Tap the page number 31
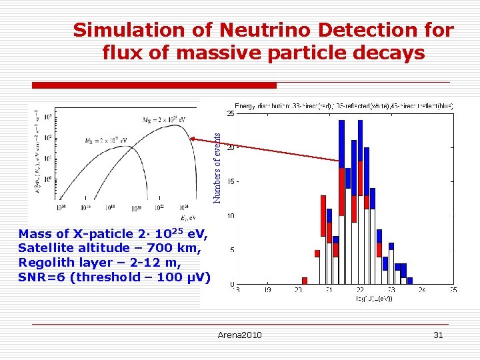coord(438,335)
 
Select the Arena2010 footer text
coord(239,335)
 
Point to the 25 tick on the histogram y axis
coord(230,114)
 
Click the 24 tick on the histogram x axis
coord(422,290)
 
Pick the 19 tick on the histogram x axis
coord(267,290)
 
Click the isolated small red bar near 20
coord(305,281)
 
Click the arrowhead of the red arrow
coord(193,139)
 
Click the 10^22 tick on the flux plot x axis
coord(160,207)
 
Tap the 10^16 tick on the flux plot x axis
coord(85,207)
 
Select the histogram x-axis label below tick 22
coord(373,299)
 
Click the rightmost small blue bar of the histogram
coord(409,281)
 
